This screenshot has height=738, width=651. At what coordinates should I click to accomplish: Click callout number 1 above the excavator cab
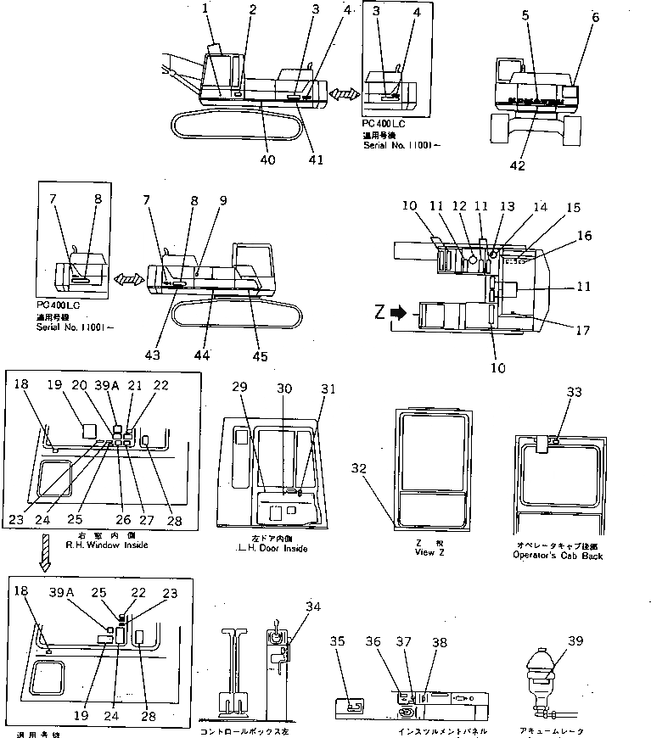coord(205,9)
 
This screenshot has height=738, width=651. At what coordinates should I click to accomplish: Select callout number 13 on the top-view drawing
coord(508,205)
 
